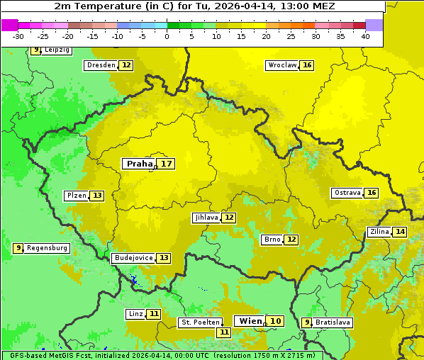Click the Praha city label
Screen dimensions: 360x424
[139, 164]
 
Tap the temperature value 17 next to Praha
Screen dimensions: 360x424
[166, 164]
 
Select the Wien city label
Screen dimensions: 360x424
[250, 321]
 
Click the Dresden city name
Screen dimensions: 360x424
[101, 65]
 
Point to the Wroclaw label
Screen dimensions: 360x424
[281, 65]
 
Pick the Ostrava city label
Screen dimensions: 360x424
[347, 193]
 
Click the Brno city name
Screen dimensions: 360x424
[272, 240]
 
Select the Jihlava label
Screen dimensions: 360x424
[206, 218]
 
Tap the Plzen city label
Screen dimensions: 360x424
[77, 196]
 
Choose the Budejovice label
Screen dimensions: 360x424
[133, 258]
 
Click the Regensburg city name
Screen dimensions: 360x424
[48, 248]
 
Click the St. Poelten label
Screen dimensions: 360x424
[199, 322]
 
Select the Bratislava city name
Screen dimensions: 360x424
[333, 322]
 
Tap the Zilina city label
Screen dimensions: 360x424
[379, 232]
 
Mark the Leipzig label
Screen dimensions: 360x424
[57, 50]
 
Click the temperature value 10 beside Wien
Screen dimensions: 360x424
[275, 321]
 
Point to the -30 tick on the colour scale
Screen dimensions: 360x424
[18, 36]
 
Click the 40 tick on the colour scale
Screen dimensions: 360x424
[365, 36]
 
